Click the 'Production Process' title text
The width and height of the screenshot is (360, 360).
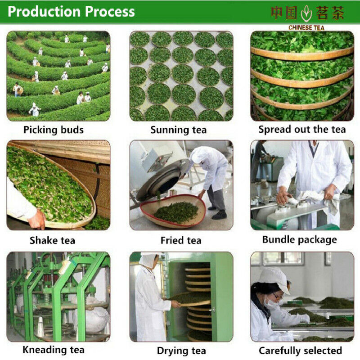pos(71,12)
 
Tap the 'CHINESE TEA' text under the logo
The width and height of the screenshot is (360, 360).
pos(306,27)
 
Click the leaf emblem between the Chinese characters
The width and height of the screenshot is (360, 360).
pos(306,13)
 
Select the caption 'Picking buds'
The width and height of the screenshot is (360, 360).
pos(54,130)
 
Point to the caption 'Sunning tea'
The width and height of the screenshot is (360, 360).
pos(179,130)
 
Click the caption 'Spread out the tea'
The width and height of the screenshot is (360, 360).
pos(302,130)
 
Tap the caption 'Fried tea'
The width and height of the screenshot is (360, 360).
pos(181,240)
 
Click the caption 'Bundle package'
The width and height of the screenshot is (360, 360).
pos(299,240)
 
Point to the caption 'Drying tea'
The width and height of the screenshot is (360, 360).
pos(181,350)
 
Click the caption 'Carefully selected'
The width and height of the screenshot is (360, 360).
pos(300,350)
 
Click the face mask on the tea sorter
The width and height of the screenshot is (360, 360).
pos(273,305)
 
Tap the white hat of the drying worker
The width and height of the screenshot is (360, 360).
pos(147,259)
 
